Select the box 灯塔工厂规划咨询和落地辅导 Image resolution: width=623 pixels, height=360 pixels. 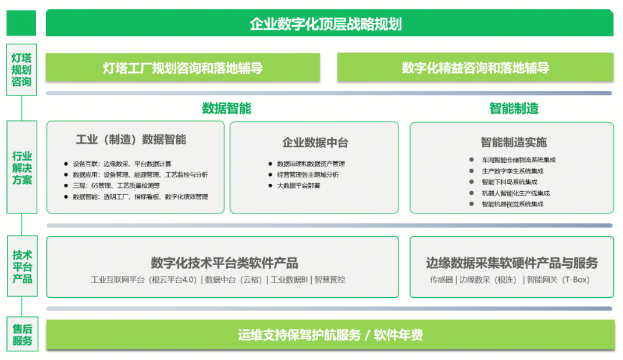183,68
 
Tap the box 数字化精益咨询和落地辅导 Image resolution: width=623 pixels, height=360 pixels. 475,68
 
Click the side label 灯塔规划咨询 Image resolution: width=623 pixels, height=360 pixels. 22,69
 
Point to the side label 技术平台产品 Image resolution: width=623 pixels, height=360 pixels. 22,267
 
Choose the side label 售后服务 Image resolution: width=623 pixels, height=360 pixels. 22,335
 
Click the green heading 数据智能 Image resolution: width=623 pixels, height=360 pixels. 227,108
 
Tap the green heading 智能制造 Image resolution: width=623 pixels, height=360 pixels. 514,108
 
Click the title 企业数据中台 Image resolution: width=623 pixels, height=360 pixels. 315,142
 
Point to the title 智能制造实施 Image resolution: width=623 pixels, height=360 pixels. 514,142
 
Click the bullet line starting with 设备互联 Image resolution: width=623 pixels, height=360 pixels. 122,164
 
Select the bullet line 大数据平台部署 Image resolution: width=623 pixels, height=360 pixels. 298,186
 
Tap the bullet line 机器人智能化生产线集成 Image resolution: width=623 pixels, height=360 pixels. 515,193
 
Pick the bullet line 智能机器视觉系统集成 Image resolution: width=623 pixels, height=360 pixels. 512,204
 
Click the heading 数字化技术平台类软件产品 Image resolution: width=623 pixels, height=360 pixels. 224,263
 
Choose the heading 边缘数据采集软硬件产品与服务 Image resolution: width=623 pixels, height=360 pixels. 512,263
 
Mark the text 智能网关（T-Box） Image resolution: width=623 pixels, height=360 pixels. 558,280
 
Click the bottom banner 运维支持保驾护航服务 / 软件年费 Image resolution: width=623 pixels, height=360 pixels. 330,335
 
